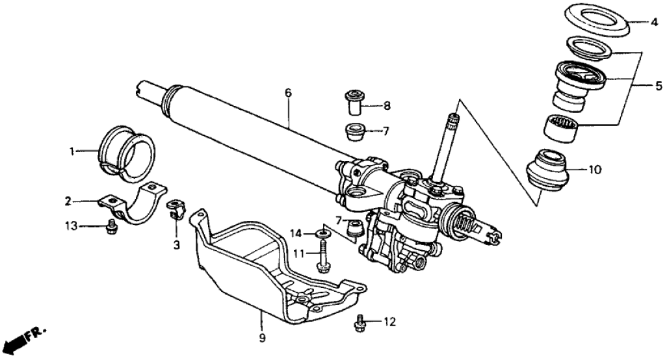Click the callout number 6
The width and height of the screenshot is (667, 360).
tap(289, 93)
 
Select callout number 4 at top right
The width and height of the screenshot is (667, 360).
tap(654, 21)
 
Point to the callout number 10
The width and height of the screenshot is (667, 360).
tap(595, 170)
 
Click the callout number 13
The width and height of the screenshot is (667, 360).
tap(72, 225)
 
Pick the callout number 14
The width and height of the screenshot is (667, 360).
tap(296, 233)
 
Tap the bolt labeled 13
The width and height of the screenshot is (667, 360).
tap(111, 227)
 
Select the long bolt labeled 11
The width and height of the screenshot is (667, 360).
tap(322, 255)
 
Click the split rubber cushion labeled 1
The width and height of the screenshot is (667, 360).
tap(126, 153)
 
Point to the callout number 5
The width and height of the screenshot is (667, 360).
tap(659, 86)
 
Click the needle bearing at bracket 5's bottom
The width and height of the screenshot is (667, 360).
tap(562, 128)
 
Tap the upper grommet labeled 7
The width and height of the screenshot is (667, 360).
tap(354, 132)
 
